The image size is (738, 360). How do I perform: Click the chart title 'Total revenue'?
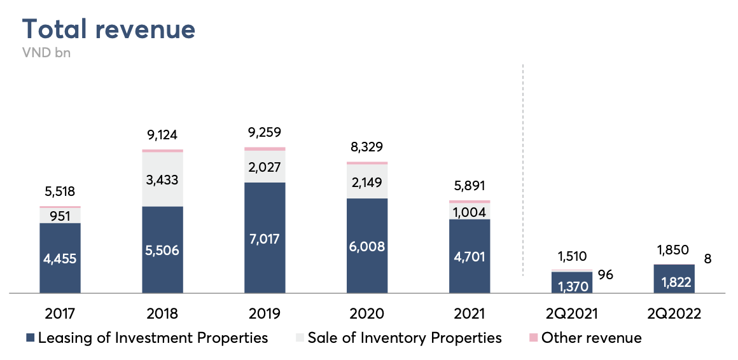109,29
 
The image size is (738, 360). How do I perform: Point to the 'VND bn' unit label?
46,53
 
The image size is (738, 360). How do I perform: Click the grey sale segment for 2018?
162,179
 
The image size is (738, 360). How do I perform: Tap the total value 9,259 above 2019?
265,133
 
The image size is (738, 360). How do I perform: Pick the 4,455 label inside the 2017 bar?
60,260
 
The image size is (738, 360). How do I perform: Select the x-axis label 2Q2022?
674,314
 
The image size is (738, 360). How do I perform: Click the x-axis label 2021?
470,314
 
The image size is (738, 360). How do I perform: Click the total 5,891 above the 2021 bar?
470,186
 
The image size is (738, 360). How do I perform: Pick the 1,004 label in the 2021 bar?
470,212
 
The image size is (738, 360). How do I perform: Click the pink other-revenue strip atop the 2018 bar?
162,151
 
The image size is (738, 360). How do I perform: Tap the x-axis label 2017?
60,314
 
